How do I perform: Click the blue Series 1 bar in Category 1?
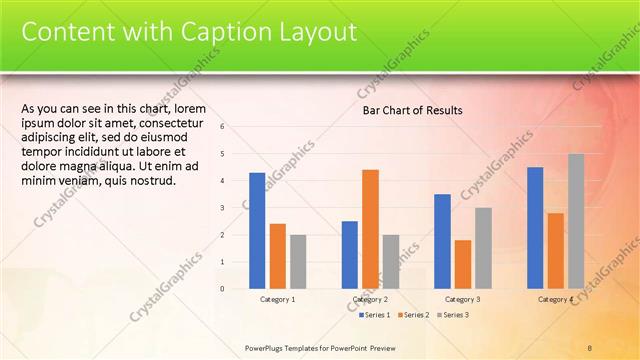(x=257, y=230)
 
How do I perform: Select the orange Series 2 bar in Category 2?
(x=370, y=229)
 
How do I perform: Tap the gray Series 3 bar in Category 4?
(x=576, y=221)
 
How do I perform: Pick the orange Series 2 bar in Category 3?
(x=463, y=264)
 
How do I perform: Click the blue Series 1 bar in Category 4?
(x=535, y=228)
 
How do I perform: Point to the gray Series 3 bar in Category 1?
(x=298, y=261)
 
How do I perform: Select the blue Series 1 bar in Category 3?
(x=442, y=241)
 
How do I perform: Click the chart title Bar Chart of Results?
(x=412, y=111)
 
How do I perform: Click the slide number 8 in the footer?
(x=590, y=347)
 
